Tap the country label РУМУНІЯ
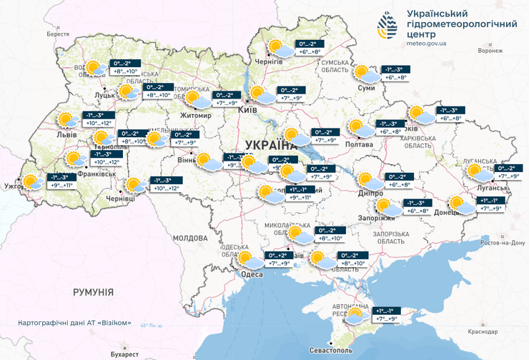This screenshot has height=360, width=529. [x=93, y=292]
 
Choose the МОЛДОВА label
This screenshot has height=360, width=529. [x=189, y=238]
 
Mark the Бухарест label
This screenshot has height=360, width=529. [x=124, y=354]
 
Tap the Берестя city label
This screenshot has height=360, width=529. [x=58, y=34]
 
